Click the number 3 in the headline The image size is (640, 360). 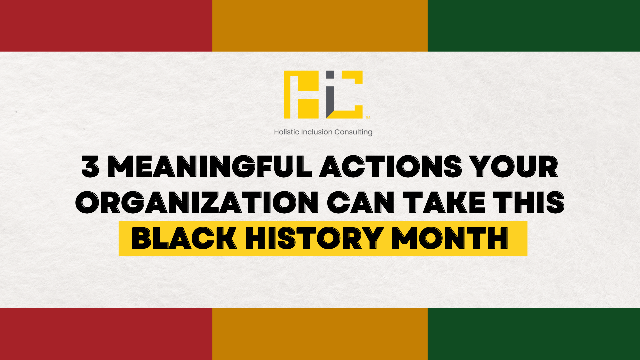click(90, 166)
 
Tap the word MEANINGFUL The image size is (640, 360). click(210, 166)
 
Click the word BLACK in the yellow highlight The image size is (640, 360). click(184, 238)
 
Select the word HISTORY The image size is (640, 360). click(314, 238)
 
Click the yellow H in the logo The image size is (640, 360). click(302, 95)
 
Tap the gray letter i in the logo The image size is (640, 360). click(330, 95)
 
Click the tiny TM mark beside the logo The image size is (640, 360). click(368, 117)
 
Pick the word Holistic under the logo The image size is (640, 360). click(287, 132)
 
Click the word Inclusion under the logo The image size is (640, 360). click(317, 132)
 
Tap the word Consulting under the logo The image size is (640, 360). click(353, 132)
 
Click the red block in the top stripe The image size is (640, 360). click(106, 26)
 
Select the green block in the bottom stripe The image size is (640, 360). click(534, 334)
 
